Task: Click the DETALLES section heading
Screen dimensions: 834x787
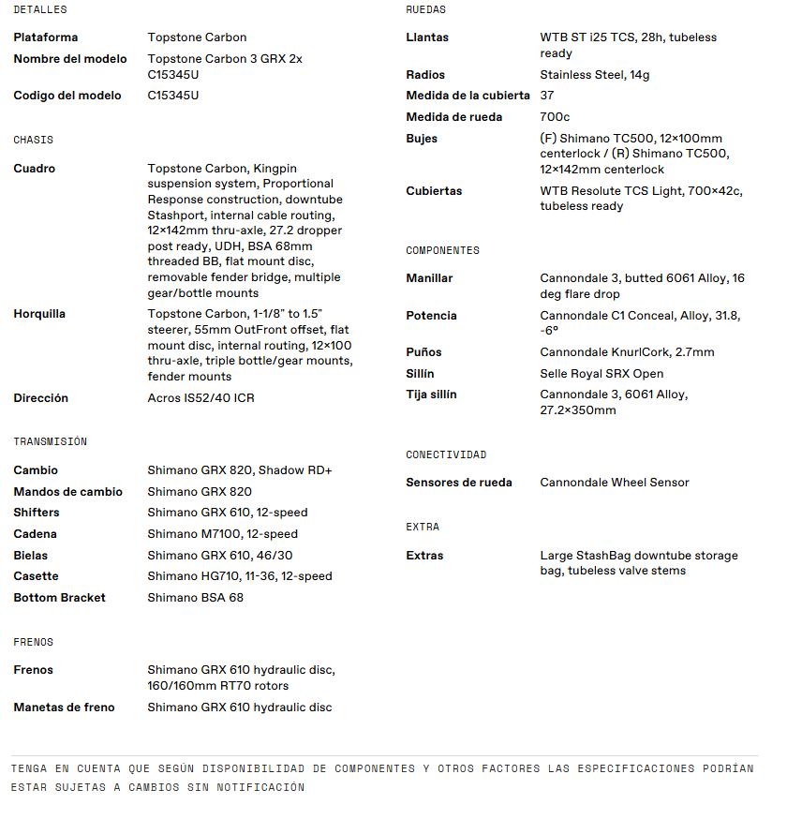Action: pos(40,9)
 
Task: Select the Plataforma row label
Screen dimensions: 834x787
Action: pos(46,37)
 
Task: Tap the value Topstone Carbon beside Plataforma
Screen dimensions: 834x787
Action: pos(197,37)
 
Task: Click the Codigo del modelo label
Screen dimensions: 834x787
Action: pos(67,96)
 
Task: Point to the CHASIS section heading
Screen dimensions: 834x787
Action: pos(34,140)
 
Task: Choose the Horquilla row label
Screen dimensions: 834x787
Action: pos(39,314)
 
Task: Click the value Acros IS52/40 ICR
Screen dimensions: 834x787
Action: pos(200,398)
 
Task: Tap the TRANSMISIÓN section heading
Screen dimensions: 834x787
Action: pos(50,441)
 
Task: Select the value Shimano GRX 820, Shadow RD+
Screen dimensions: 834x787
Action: pos(240,470)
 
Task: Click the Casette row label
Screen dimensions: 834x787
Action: pos(36,576)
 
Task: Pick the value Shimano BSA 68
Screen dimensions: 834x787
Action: pos(195,598)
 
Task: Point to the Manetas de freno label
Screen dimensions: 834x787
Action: pos(64,707)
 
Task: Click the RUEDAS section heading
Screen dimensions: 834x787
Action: pos(426,9)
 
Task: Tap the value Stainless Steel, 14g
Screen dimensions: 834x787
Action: pos(595,75)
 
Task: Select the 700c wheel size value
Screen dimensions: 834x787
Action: pos(555,117)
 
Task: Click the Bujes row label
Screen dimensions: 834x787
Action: pos(422,139)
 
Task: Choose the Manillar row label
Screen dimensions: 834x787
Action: pos(429,278)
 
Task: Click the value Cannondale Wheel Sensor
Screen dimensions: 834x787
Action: pos(615,483)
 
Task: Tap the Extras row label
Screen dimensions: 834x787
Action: pos(424,556)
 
